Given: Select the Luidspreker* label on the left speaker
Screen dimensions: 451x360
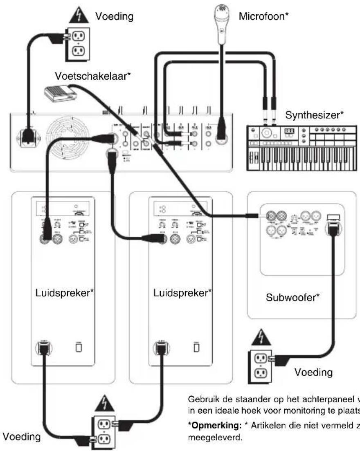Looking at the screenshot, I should [63, 293].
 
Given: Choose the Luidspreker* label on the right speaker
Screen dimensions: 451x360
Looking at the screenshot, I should [181, 293].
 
